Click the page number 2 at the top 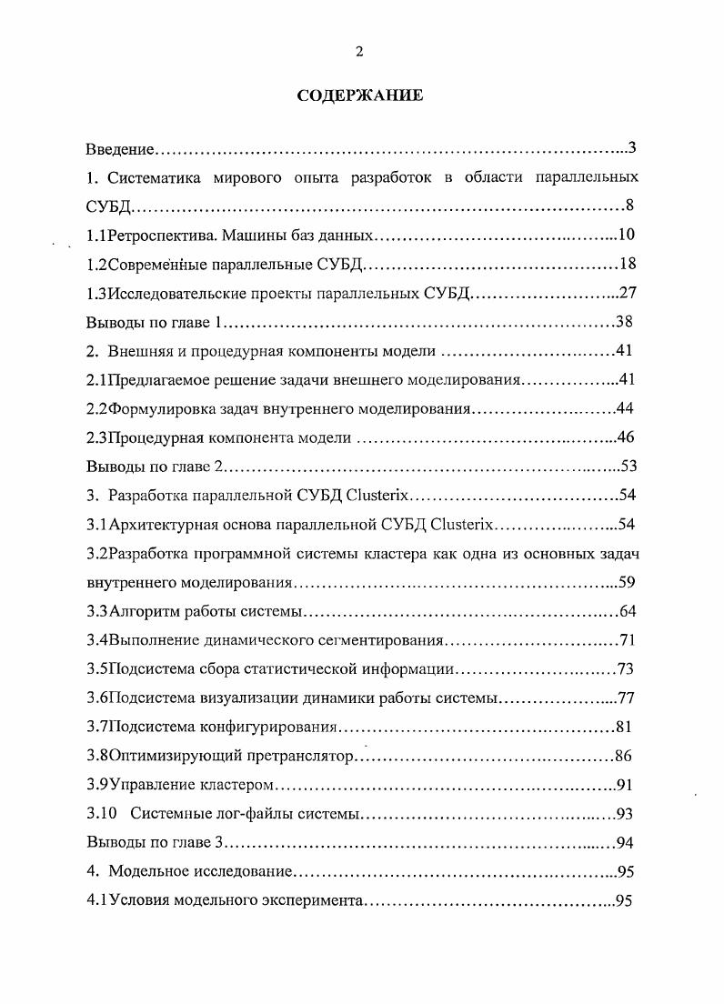click(359, 52)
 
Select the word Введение click(121, 148)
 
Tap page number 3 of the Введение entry click(630, 148)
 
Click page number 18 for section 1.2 click(626, 265)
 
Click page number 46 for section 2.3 click(626, 437)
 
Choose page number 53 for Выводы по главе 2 click(628, 467)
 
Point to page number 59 click(626, 582)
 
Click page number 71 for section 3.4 click(626, 640)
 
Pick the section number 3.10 click(102, 814)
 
